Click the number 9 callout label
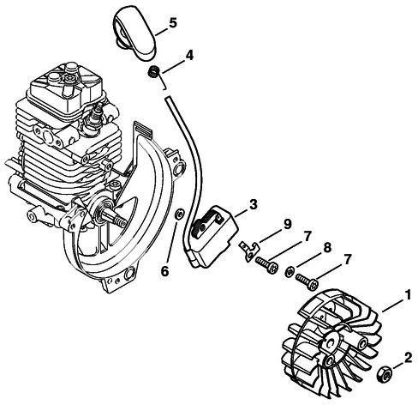(x=287, y=225)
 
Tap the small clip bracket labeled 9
(x=248, y=250)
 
